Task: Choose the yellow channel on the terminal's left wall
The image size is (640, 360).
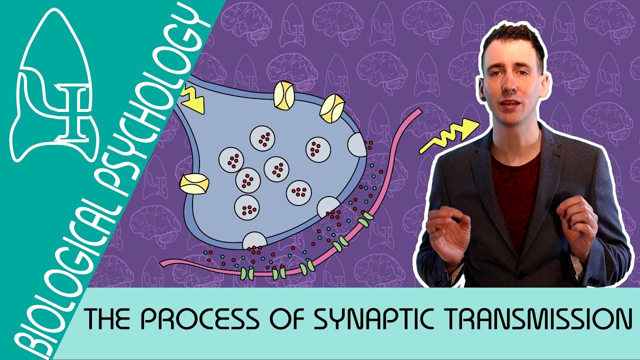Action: tap(193, 184)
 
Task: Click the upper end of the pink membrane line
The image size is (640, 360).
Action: tap(418, 113)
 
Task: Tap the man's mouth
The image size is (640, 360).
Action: tap(510, 104)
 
